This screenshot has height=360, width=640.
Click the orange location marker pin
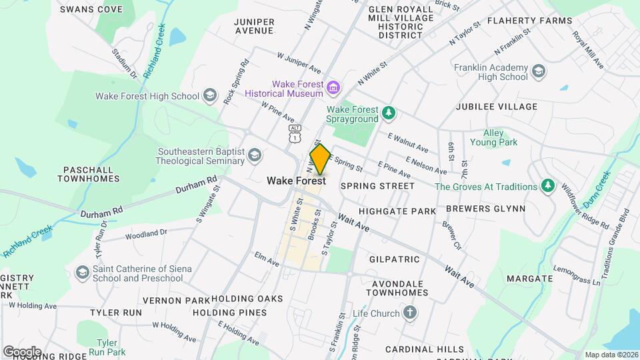[x=320, y=159]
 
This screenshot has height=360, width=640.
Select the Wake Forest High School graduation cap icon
[x=210, y=95]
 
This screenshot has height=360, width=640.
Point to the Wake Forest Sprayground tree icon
[x=389, y=115]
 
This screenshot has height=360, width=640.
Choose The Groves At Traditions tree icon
[x=547, y=186]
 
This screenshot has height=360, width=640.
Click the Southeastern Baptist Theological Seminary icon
[x=253, y=156]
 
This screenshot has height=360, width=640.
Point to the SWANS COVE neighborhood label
[x=91, y=9]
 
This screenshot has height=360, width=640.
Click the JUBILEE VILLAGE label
[x=496, y=107]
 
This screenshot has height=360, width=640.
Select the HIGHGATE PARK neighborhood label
[x=397, y=211]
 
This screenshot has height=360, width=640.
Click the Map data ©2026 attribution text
[x=610, y=355]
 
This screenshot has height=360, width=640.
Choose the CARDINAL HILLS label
[x=424, y=349]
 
